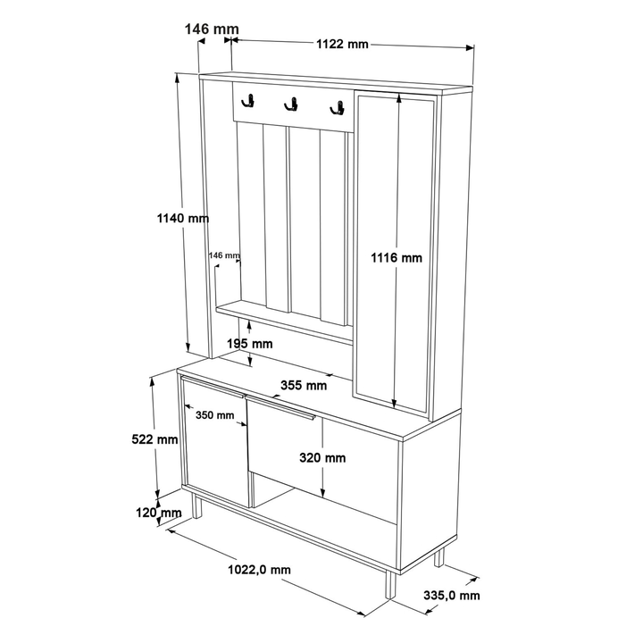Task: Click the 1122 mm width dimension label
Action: [342, 44]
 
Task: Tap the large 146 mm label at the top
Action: [212, 29]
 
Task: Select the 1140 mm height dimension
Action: [182, 218]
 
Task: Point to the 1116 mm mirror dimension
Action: [397, 258]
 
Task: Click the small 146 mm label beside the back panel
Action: [224, 255]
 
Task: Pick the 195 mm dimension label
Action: [249, 344]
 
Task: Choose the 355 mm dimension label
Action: [304, 386]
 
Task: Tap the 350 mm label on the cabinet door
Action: [214, 415]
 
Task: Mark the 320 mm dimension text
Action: [321, 458]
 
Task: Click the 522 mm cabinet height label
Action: [154, 438]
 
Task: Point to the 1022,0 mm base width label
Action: [258, 570]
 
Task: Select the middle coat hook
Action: [290, 105]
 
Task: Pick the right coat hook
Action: [337, 109]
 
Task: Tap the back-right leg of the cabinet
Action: [438, 558]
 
